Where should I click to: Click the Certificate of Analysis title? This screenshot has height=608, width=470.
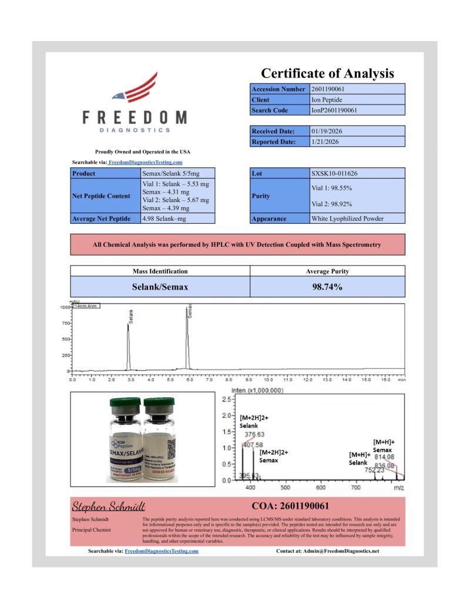click(327, 73)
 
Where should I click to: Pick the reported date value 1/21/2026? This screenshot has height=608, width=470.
click(324, 142)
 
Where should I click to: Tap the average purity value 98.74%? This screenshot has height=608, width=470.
click(327, 287)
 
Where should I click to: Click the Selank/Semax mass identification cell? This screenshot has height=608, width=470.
click(160, 287)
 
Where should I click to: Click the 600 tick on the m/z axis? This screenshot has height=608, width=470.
click(321, 487)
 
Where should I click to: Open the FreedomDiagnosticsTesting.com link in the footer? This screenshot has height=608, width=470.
click(162, 551)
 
